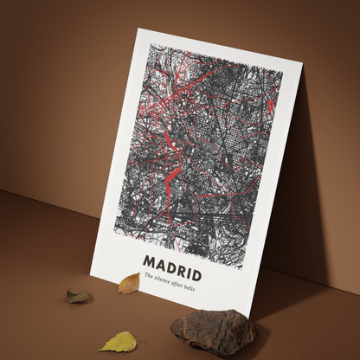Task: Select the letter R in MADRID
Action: [182, 263]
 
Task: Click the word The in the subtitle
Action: [148, 275]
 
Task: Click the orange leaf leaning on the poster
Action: [129, 283]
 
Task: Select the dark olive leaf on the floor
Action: [80, 297]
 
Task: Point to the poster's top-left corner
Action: [138, 29]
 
